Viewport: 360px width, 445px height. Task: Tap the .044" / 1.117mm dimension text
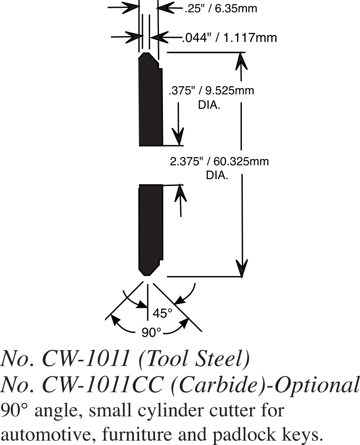[229, 38]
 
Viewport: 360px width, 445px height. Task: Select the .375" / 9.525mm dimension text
[211, 91]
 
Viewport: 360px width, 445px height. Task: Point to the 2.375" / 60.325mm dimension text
[219, 162]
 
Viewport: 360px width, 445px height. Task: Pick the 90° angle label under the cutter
[152, 332]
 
